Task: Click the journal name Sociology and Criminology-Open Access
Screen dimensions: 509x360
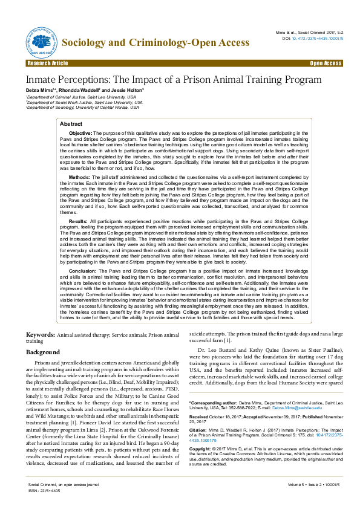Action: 156,42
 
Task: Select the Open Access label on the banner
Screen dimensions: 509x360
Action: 326,63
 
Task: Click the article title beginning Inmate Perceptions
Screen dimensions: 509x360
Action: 173,80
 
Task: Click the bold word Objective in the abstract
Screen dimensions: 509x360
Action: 80,132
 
